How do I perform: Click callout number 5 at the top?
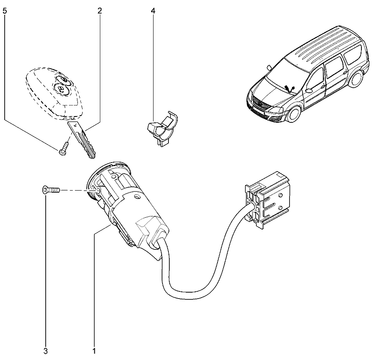click(x=5, y=11)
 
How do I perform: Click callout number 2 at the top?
click(x=99, y=11)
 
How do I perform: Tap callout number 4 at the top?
click(x=153, y=11)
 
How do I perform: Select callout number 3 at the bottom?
click(x=46, y=351)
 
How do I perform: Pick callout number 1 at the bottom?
click(x=94, y=351)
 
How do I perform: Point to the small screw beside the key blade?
click(x=63, y=149)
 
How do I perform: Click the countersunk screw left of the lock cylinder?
click(x=51, y=190)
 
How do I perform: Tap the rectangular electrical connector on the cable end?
click(x=267, y=200)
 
